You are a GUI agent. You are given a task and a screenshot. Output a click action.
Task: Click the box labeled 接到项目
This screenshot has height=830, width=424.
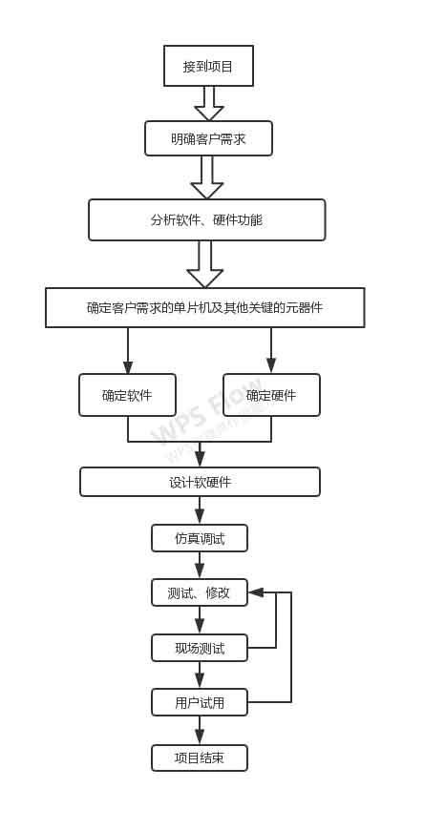208,66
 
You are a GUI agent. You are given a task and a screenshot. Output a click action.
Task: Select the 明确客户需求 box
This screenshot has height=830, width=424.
208,138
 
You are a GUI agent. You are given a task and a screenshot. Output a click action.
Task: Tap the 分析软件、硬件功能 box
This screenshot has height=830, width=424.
206,219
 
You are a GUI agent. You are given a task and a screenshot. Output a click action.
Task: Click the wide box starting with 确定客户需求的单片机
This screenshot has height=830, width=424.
204,307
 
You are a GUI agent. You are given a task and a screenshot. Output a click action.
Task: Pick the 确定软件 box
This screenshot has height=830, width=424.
127,395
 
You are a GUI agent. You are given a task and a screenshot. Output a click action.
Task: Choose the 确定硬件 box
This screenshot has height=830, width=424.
271,395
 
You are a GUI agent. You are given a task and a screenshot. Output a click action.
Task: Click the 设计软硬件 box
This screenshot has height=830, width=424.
200,482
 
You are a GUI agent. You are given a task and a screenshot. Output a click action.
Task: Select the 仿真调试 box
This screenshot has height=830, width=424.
200,538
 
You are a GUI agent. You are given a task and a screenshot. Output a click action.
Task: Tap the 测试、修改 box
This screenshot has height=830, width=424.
200,592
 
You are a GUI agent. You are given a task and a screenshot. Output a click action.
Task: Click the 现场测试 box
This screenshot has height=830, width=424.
200,648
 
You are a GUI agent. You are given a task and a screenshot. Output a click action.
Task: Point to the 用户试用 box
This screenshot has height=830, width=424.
200,702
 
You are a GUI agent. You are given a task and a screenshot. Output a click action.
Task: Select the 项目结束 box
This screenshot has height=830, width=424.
200,757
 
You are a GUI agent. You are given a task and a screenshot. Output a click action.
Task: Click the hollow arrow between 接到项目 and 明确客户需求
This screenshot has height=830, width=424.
208,104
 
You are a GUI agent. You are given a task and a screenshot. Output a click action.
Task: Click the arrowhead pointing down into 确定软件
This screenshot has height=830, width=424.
128,367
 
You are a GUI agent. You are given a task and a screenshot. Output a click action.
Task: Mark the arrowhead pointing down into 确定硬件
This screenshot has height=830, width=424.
271,365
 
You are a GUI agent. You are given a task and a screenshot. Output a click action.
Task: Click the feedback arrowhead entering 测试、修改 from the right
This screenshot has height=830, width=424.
256,592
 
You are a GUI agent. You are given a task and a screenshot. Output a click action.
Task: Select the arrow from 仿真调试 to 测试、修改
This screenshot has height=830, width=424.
200,566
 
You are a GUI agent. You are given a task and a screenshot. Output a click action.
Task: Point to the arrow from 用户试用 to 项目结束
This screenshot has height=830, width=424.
200,731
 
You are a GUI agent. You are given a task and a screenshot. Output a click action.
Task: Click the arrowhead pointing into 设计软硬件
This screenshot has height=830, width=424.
200,459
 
